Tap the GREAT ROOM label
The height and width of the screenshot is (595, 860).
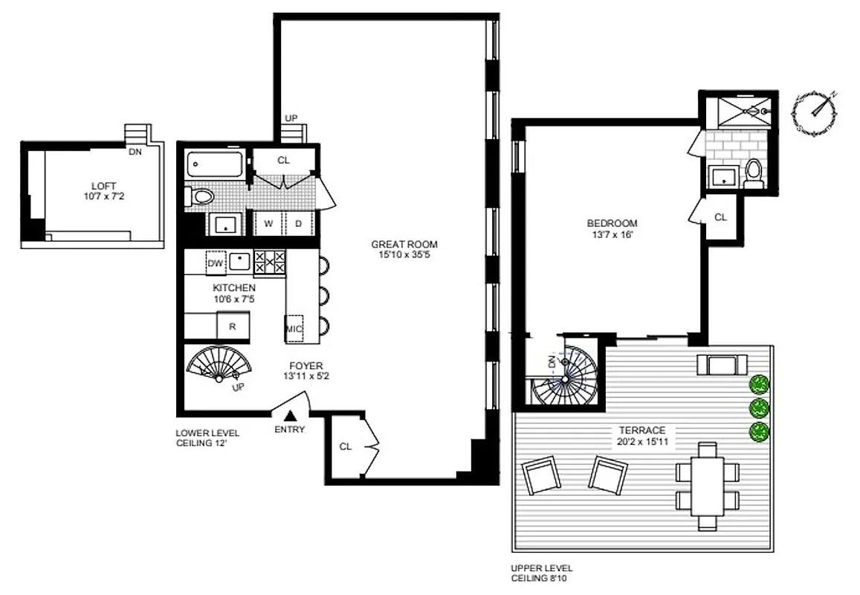[404, 244]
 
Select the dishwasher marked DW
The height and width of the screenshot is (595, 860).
[216, 263]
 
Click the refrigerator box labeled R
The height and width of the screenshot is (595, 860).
[232, 326]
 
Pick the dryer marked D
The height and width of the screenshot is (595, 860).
[298, 222]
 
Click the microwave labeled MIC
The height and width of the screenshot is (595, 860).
[295, 328]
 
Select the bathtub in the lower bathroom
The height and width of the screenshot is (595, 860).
[216, 164]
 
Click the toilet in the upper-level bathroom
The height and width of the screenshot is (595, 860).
[754, 172]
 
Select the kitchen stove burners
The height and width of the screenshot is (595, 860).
[270, 263]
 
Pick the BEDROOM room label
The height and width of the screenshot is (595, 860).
[612, 223]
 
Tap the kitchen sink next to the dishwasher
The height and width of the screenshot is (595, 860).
[239, 262]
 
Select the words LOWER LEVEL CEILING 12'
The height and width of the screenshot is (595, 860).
[202, 438]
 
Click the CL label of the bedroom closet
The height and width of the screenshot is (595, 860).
[720, 217]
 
